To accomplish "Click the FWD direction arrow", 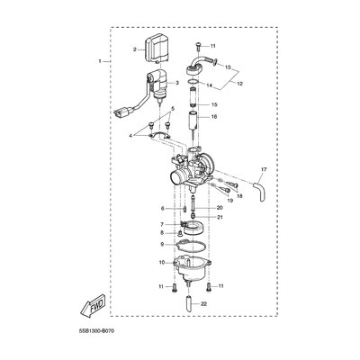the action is click(93, 305).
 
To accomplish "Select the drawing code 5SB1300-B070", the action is click(95, 331).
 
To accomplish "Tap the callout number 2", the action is click(135, 49).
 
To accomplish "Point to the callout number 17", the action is click(264, 170).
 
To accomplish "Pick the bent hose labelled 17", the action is click(259, 193).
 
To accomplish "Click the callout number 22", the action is click(203, 304).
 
